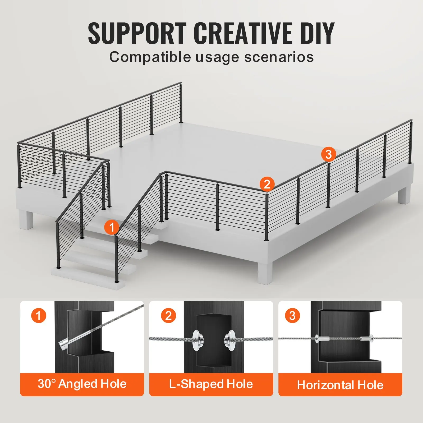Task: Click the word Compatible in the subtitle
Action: [x=150, y=57]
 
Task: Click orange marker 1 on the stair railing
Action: [x=112, y=227]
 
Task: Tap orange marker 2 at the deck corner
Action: [x=267, y=184]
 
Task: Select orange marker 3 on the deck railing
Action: [x=329, y=154]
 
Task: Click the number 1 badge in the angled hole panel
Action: [x=39, y=316]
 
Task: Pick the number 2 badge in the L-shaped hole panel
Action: [x=168, y=316]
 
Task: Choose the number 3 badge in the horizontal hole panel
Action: [x=292, y=316]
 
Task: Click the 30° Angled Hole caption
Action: [x=82, y=384]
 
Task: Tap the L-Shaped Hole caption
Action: [x=211, y=384]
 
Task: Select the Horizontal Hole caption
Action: [x=340, y=385]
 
